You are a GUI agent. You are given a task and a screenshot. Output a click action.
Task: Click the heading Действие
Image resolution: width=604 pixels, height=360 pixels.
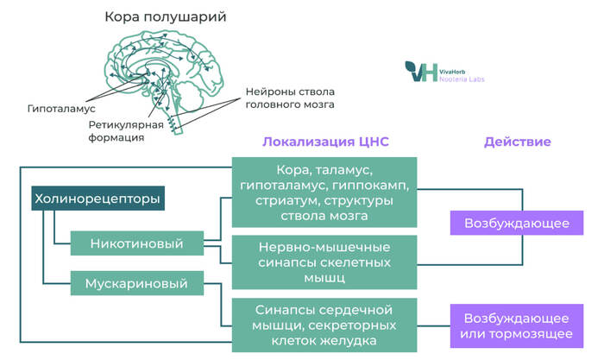click(x=517, y=142)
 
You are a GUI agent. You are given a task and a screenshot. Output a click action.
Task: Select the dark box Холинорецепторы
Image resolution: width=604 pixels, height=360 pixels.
click(x=97, y=199)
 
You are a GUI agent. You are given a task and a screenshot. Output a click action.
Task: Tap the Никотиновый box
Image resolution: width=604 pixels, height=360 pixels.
click(x=136, y=243)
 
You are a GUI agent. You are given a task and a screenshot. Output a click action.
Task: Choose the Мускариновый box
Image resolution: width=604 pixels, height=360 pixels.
click(x=136, y=282)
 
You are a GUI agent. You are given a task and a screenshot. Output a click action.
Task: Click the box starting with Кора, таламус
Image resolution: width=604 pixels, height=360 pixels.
click(x=325, y=193)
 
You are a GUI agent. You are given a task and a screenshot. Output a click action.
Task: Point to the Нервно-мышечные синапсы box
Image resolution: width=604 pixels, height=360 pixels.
click(x=325, y=262)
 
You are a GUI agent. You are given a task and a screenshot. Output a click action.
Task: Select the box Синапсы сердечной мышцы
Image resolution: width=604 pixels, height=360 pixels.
click(x=325, y=325)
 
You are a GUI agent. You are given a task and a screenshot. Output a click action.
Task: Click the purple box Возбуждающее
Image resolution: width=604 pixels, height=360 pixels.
click(x=516, y=224)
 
